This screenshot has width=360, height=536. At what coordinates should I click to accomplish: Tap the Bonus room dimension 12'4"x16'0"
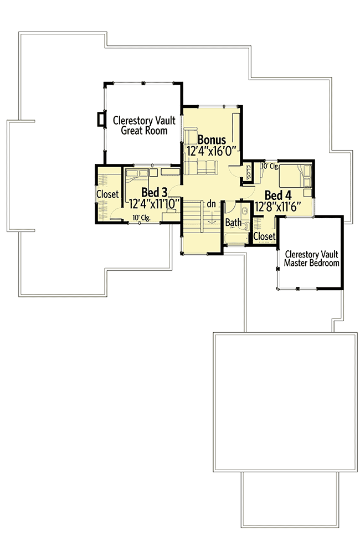tap(212, 150)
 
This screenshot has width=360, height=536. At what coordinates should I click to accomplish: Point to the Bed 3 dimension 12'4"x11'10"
tap(155, 203)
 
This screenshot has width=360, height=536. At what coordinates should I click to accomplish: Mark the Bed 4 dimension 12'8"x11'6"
tap(277, 207)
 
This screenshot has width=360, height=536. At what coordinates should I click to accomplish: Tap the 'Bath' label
tap(233, 223)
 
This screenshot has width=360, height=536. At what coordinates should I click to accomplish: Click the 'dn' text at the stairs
tap(211, 204)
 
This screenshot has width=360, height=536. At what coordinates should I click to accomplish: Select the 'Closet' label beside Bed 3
tap(107, 194)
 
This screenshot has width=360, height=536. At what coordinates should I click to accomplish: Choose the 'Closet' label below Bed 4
tap(264, 236)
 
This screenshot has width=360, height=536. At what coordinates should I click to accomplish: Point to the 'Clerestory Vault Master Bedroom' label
tap(311, 259)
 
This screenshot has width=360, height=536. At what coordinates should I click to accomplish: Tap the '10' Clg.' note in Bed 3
tap(141, 218)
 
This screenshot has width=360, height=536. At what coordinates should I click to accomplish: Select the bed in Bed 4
tap(295, 177)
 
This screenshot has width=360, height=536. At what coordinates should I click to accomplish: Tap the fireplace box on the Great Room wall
tap(101, 120)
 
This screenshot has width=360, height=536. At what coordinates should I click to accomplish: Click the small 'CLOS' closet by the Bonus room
tap(249, 172)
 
